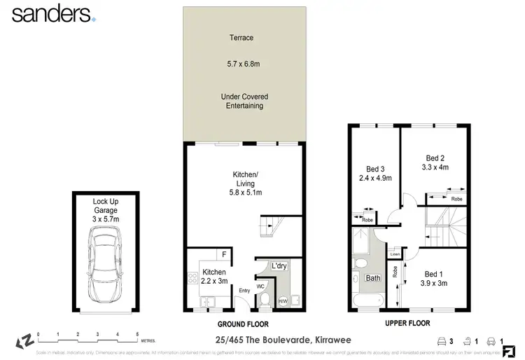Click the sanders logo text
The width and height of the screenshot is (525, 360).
coord(50,14)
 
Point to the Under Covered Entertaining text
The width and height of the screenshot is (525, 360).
coord(244,101)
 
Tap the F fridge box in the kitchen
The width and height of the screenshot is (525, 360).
coord(223,255)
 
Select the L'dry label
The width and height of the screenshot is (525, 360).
coord(279,266)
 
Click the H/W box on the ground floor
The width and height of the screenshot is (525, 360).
coord(283,301)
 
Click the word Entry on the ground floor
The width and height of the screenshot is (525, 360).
coord(244,291)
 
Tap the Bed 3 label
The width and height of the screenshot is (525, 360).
coord(376,168)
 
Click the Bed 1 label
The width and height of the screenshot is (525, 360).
coord(433,274)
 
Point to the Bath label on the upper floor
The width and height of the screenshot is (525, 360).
coord(372,278)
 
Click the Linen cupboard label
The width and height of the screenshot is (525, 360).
coord(395,254)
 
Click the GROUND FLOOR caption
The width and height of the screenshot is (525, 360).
coord(244,323)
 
